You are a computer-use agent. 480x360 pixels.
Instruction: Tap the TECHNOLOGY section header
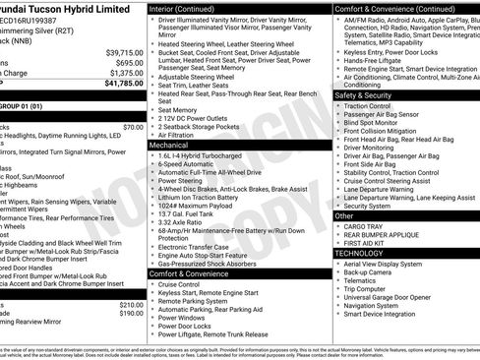tap(359, 253)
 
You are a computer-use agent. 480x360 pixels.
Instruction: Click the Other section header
tap(344, 214)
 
